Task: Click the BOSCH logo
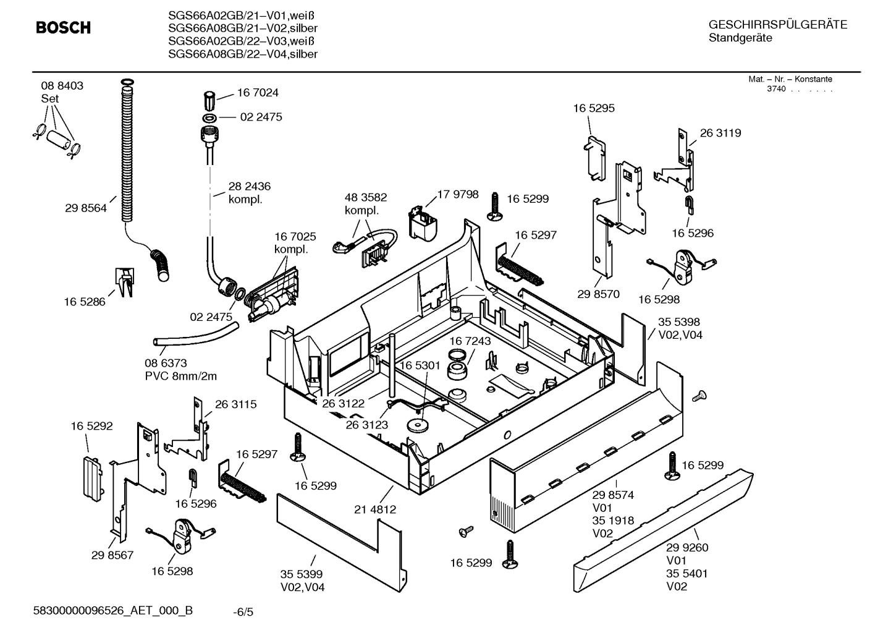[63, 28]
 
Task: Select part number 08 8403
[62, 86]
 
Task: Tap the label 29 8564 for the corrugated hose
[85, 208]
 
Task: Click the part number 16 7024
[258, 93]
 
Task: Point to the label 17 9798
[458, 194]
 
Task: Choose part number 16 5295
[594, 108]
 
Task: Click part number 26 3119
[720, 133]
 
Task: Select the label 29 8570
[598, 294]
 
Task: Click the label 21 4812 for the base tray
[375, 509]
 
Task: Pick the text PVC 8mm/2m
[181, 376]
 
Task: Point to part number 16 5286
[85, 302]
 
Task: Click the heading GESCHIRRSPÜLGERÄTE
[777, 25]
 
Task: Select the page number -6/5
[243, 612]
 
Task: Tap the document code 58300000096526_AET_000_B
[113, 611]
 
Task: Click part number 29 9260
[687, 547]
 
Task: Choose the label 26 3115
[235, 404]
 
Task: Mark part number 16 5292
[91, 426]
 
